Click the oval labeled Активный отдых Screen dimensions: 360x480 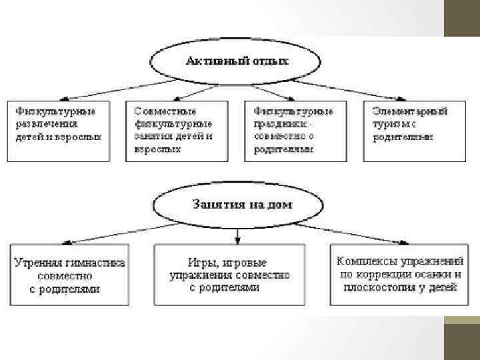tap(237, 61)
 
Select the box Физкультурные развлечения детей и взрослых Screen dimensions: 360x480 tap(58, 129)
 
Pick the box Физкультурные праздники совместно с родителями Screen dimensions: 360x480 tap(295, 129)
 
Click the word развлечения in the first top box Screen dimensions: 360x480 tap(47, 123)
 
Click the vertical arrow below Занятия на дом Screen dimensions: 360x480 tap(238, 235)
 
